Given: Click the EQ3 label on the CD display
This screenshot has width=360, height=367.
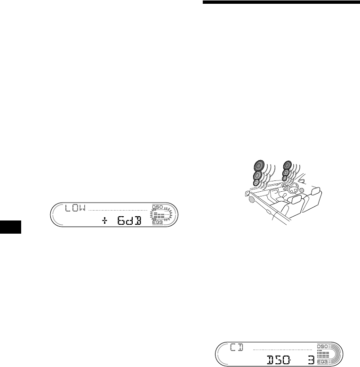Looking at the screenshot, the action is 322,362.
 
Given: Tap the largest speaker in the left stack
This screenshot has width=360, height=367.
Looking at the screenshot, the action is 258,166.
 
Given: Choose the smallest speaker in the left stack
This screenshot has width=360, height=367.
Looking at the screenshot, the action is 256,182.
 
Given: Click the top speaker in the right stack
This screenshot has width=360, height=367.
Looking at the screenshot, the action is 286,165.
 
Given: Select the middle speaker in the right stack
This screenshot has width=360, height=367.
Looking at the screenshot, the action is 285,173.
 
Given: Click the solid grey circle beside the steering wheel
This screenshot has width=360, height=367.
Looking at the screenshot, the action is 302,190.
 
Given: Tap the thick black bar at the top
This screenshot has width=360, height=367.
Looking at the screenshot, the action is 280,3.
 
